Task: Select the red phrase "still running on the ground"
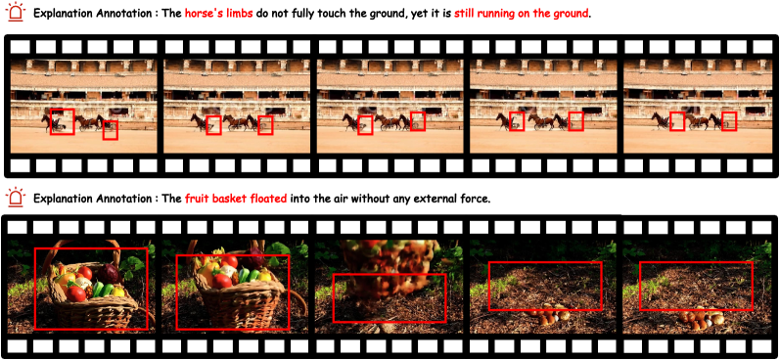pyautogui.click(x=521, y=14)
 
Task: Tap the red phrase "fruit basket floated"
pyautogui.click(x=236, y=200)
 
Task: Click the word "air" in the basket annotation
pyautogui.click(x=340, y=200)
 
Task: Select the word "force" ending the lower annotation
pyautogui.click(x=475, y=200)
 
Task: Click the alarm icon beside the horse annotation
pyautogui.click(x=17, y=11)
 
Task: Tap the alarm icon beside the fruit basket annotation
pyautogui.click(x=17, y=197)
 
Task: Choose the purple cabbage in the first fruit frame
pyautogui.click(x=109, y=273)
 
